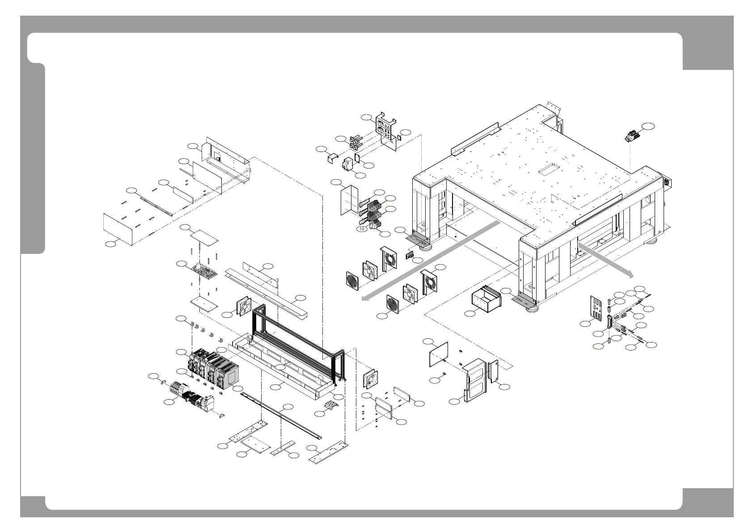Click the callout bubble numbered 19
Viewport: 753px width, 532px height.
point(362,229)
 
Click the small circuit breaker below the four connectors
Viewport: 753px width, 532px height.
point(348,165)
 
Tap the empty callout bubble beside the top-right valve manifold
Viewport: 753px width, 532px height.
point(649,127)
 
